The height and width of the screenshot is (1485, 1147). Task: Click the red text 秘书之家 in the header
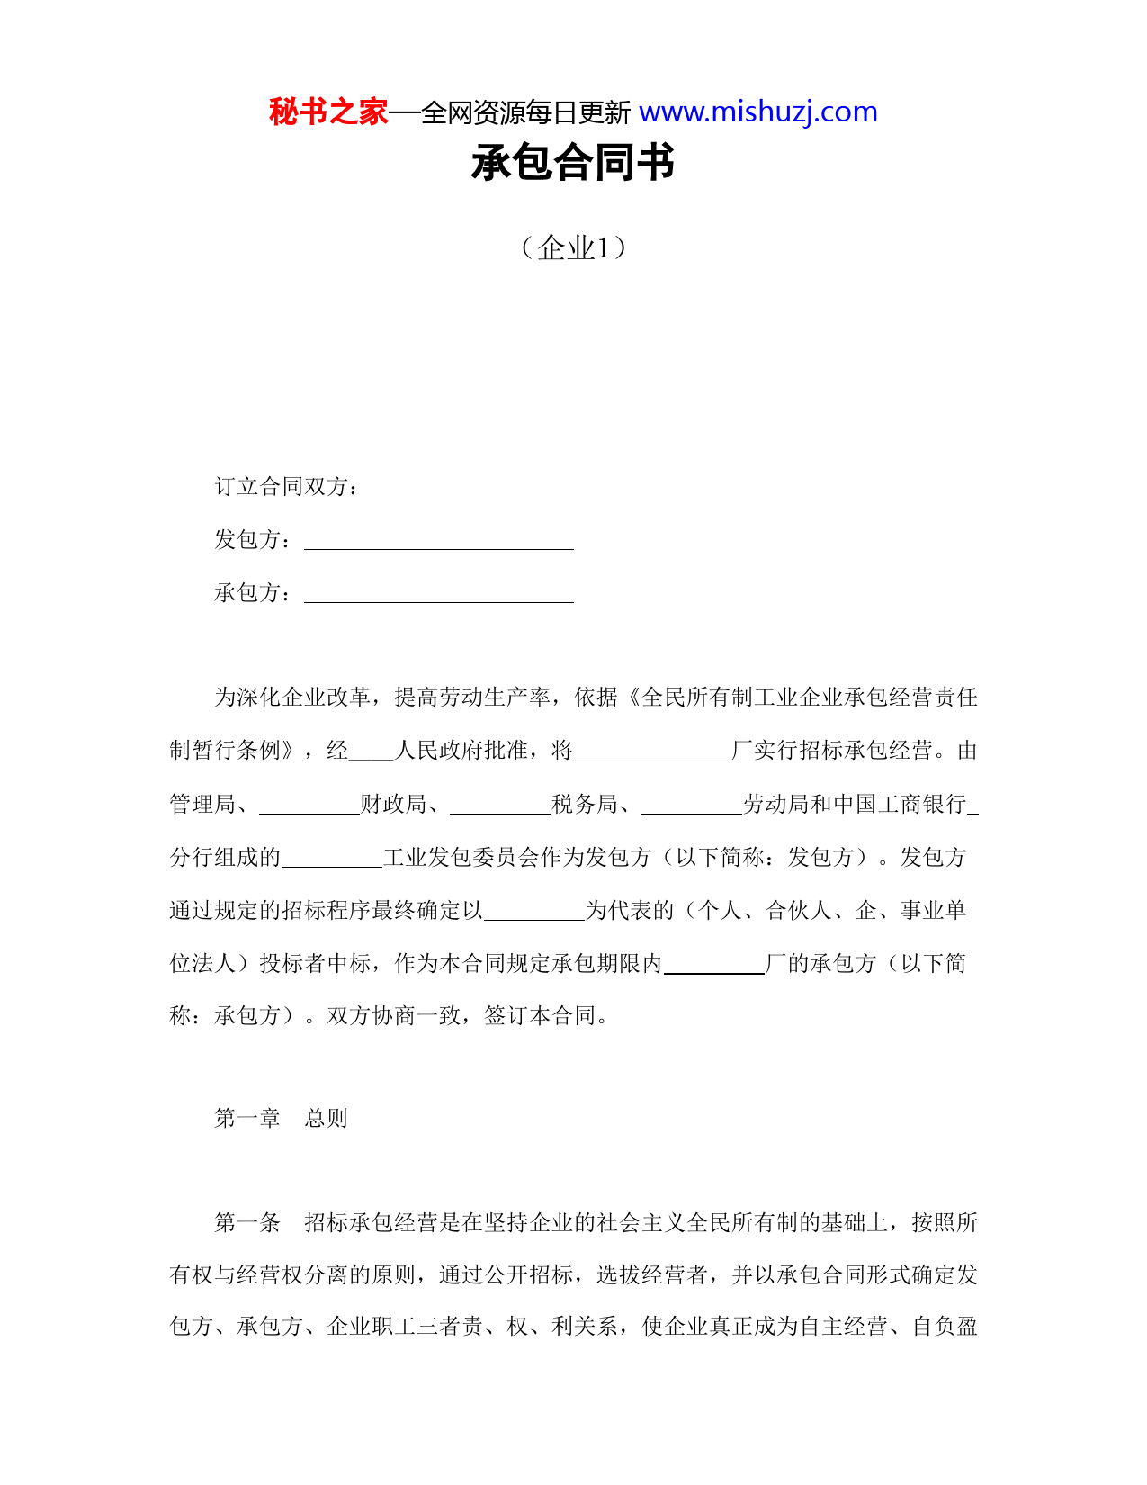(328, 112)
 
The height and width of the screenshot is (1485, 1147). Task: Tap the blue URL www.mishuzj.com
(757, 112)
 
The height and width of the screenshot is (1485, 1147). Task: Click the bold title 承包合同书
(573, 164)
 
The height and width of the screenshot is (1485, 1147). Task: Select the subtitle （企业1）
(573, 247)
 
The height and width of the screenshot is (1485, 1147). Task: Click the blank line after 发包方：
(439, 542)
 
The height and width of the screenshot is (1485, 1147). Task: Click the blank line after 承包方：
(439, 595)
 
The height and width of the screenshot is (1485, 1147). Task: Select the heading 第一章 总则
(281, 1119)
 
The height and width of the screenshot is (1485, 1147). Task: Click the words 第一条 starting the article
(247, 1223)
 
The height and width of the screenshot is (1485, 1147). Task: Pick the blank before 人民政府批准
(372, 754)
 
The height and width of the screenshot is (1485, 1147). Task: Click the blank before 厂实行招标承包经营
(652, 754)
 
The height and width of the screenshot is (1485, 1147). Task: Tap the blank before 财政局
(309, 807)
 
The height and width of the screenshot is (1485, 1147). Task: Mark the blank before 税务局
(500, 807)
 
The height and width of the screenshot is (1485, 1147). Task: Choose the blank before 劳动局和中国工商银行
(692, 807)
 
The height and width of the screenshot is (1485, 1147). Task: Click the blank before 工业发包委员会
(332, 860)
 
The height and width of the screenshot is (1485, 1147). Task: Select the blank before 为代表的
(534, 913)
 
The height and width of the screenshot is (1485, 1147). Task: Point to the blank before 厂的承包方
(713, 967)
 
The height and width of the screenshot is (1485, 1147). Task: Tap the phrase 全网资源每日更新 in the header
(525, 113)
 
